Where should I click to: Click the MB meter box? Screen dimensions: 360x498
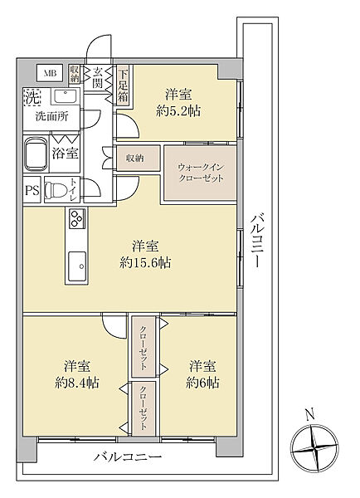click(51, 74)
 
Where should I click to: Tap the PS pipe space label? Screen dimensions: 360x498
click(32, 191)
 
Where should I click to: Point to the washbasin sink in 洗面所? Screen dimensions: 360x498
click(66, 96)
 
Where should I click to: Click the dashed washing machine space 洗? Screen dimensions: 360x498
click(32, 96)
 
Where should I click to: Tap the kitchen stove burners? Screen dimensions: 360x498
click(76, 218)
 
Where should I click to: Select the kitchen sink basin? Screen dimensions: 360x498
click(77, 266)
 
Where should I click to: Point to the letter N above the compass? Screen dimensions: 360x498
click(310, 414)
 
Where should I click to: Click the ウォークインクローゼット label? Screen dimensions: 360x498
click(201, 173)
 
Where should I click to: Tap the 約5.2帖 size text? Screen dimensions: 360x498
click(178, 111)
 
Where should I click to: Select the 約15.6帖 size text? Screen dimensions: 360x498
click(145, 262)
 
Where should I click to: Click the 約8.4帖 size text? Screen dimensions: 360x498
click(77, 383)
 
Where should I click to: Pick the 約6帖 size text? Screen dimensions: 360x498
click(202, 383)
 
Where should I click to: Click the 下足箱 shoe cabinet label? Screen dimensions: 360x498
click(123, 85)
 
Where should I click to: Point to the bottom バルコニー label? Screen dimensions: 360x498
click(127, 457)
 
